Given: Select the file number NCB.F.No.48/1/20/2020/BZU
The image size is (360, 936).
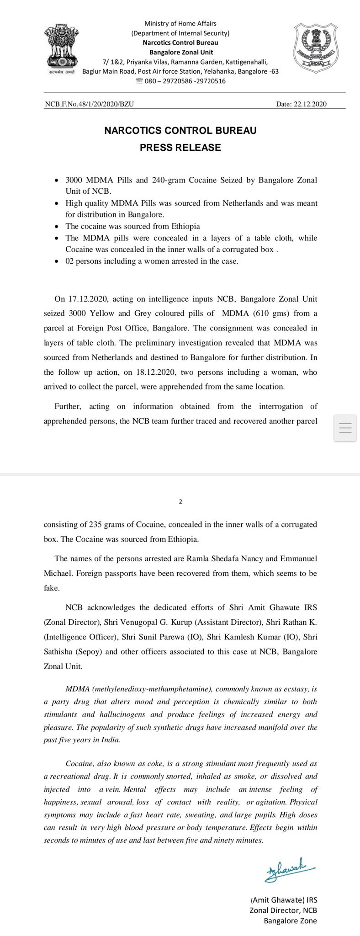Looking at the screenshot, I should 89,104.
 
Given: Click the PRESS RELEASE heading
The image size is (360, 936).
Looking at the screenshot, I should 180,148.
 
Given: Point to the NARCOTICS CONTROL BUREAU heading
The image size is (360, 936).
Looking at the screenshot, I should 180,131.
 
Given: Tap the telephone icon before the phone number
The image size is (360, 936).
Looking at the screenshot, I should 139,81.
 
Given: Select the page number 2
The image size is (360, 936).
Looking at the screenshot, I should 180,501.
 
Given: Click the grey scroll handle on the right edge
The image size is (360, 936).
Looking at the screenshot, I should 346,428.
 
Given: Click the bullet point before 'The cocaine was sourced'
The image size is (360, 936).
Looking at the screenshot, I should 56,227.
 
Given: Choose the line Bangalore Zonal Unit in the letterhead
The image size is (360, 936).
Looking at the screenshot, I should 181,52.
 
